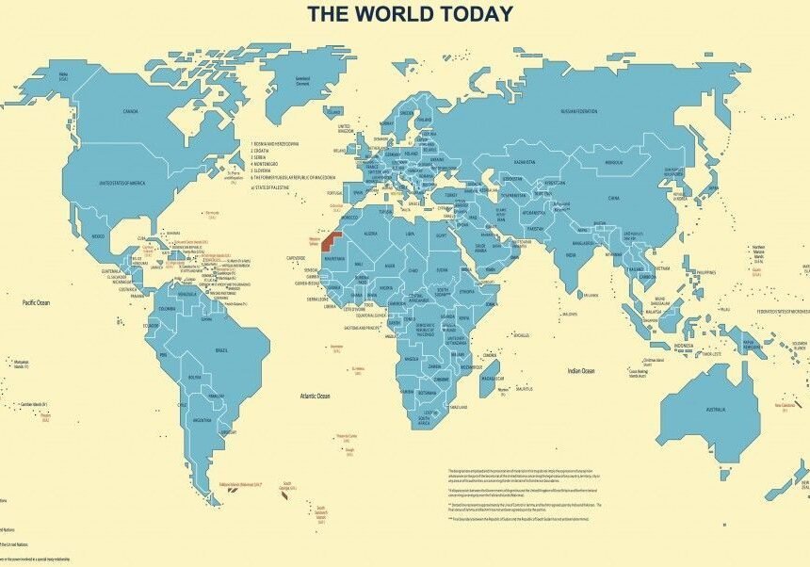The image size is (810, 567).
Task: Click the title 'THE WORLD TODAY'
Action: coord(411,13)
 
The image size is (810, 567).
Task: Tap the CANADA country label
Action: coord(132,111)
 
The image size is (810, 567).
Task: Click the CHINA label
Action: coord(613,199)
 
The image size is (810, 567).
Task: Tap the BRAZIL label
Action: coord(222,350)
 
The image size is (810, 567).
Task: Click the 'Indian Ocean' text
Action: coord(581,371)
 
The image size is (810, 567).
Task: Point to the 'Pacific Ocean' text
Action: coord(36,302)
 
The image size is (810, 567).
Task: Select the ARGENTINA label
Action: coord(202,419)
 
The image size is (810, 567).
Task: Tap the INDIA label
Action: coord(571,254)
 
